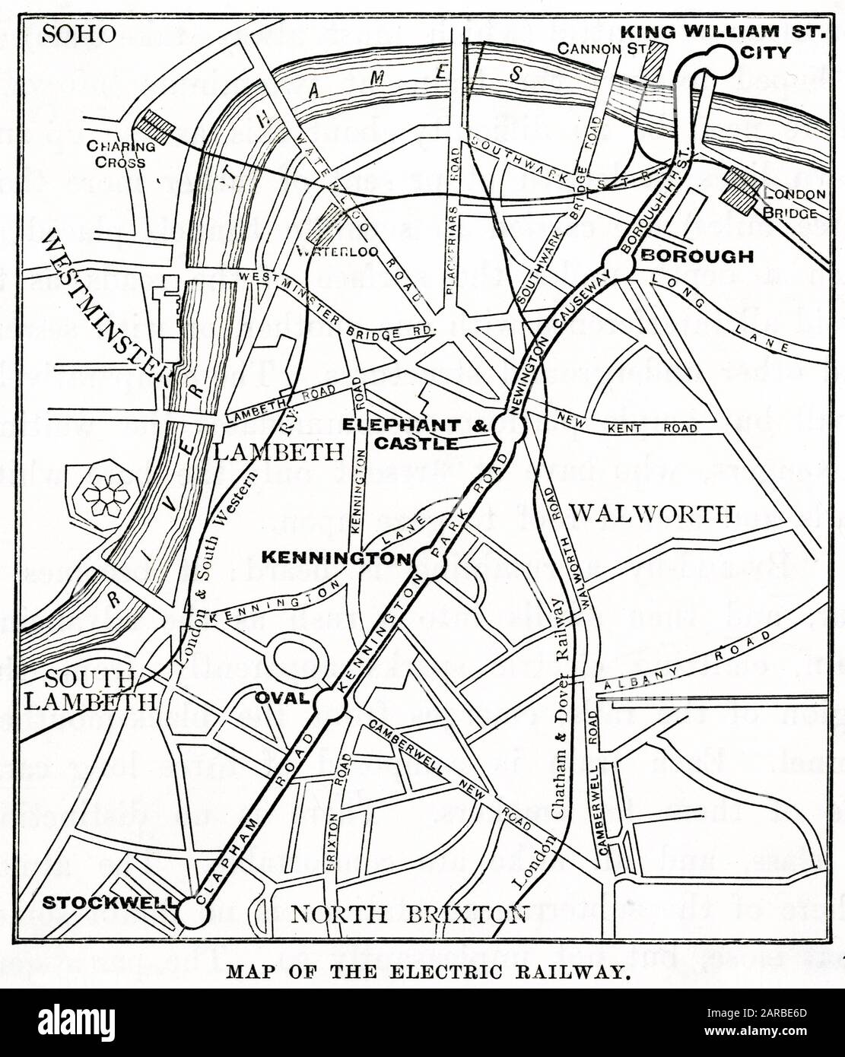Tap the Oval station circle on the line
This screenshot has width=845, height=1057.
tap(332, 703)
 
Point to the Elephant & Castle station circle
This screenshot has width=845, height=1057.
tap(505, 428)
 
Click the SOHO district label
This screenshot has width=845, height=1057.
tap(79, 33)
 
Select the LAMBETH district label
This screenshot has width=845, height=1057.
tap(278, 452)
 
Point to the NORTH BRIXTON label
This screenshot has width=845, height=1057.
tap(409, 913)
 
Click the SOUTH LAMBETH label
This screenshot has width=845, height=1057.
tap(90, 690)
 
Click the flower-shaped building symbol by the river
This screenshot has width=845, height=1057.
tap(106, 495)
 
